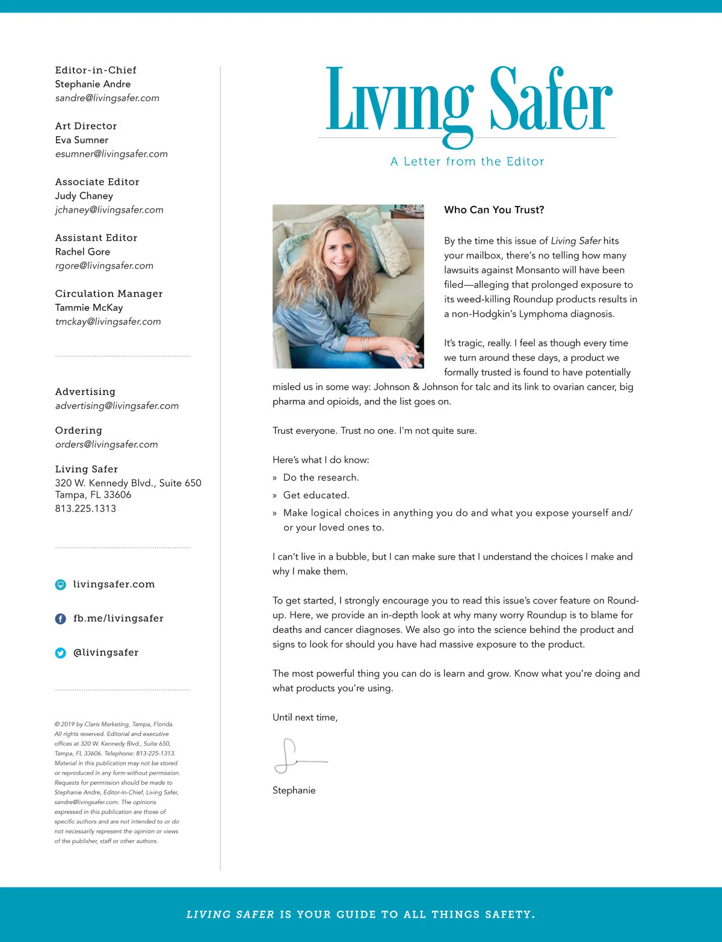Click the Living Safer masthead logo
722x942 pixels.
[468, 101]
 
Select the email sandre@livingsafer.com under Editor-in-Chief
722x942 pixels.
[107, 98]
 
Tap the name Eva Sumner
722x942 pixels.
[82, 140]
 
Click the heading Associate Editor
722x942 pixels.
[97, 182]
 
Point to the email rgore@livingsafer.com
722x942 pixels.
[104, 266]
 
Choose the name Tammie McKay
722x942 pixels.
[89, 308]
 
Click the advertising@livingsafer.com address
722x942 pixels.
[117, 406]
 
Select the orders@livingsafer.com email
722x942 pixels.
[106, 444]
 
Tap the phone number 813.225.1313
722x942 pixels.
[85, 508]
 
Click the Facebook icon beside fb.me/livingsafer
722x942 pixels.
[61, 619]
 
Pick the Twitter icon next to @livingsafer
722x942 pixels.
[61, 653]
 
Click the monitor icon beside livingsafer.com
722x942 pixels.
[61, 585]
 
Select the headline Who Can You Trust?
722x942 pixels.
[494, 210]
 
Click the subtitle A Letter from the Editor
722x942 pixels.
[467, 161]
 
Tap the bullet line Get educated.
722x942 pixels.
[316, 495]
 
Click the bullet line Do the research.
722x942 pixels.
[321, 478]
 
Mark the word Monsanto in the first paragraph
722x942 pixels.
[538, 270]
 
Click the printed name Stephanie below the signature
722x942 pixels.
[294, 790]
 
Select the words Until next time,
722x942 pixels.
[305, 717]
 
